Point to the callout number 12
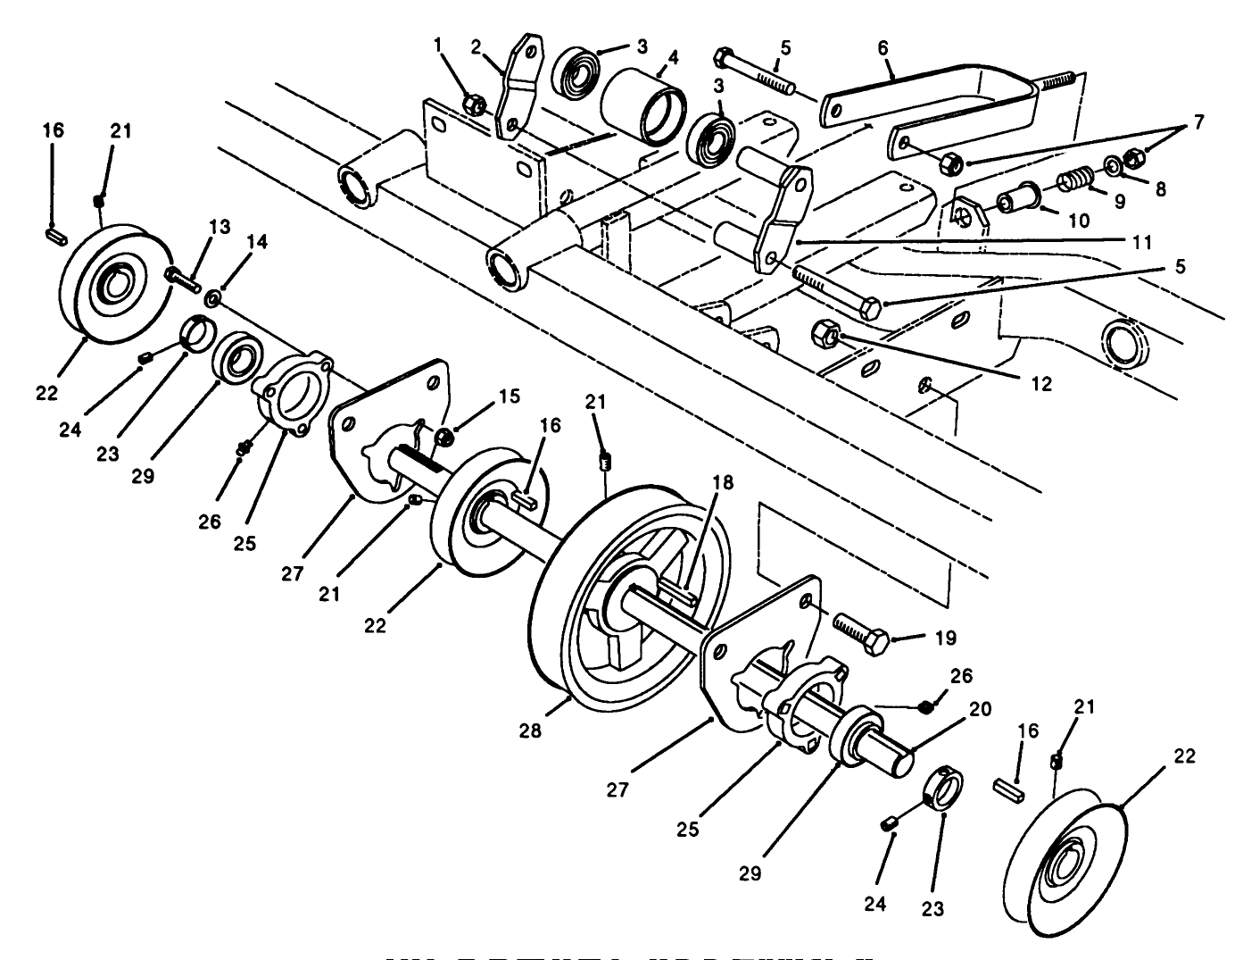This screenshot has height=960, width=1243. (1040, 384)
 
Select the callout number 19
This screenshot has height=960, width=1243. (946, 638)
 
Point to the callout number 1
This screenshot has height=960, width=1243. (438, 43)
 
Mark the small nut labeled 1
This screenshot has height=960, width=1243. (475, 106)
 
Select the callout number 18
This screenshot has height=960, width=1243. (722, 482)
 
